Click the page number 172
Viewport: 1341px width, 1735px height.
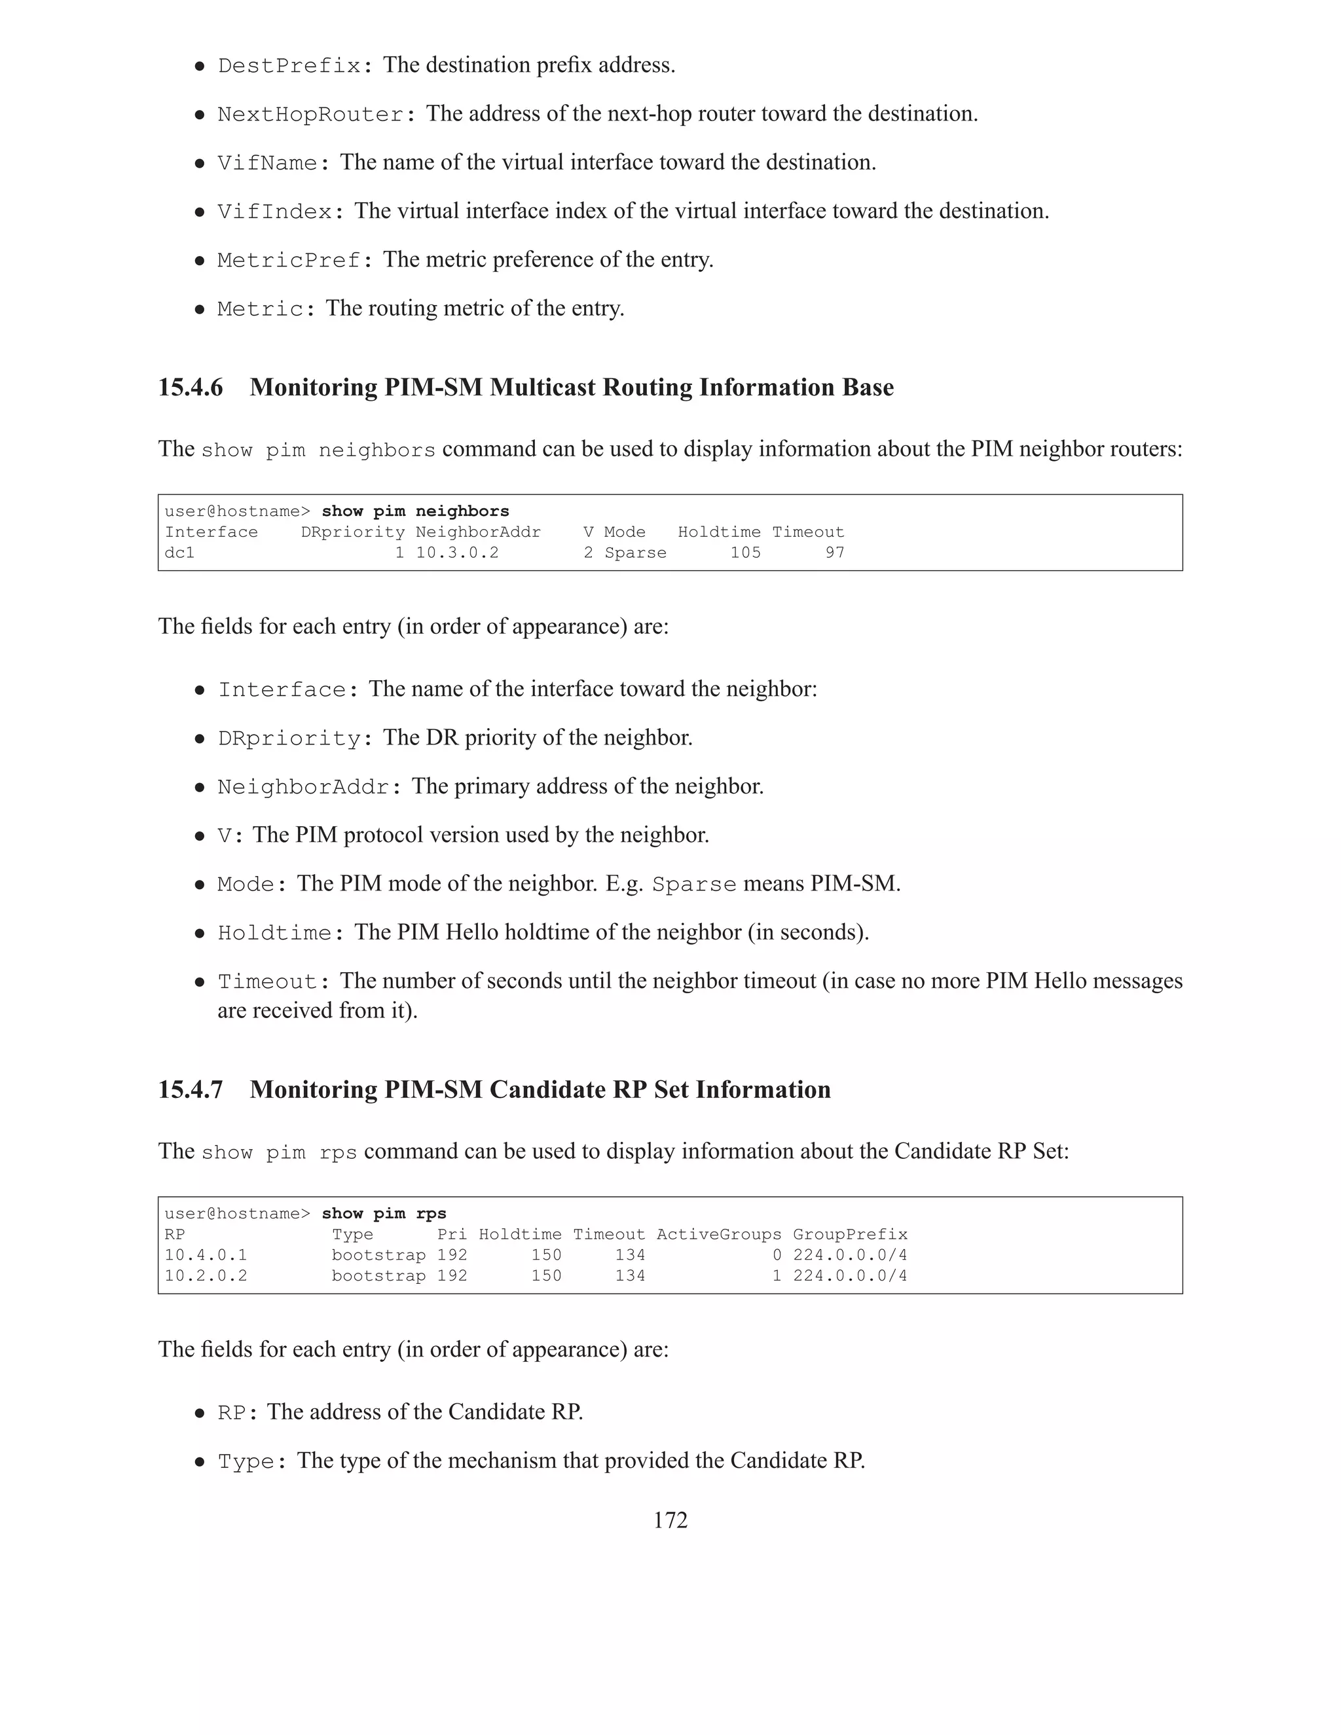click(670, 1520)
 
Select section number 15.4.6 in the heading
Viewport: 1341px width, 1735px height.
click(191, 388)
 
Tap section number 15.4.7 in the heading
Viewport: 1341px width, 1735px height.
click(191, 1090)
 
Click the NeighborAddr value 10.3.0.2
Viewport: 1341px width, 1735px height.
click(457, 553)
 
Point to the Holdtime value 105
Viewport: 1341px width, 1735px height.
click(745, 553)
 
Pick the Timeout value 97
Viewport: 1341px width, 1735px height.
click(834, 553)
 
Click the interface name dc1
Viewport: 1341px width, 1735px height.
click(179, 553)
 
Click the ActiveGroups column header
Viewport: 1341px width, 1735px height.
click(718, 1235)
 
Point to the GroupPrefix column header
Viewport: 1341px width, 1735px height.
click(849, 1235)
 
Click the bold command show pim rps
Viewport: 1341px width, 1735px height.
click(384, 1214)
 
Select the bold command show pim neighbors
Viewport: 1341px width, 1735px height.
click(414, 511)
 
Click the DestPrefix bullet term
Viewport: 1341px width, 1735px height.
click(290, 66)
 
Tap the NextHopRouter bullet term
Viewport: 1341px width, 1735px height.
click(310, 115)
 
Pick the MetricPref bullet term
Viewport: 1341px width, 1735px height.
click(290, 261)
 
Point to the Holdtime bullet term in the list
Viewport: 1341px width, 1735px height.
click(275, 934)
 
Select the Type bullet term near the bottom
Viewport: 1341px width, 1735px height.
click(246, 1463)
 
